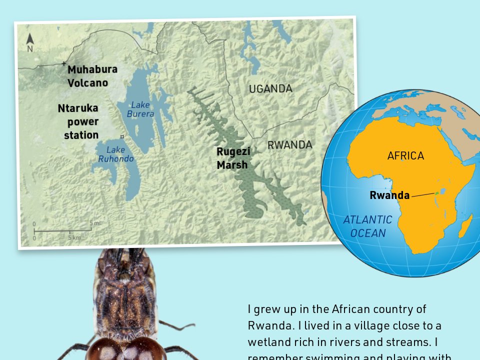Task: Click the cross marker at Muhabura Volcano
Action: point(63,63)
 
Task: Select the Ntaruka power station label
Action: point(78,121)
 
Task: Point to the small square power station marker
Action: point(122,136)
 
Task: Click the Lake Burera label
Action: point(140,109)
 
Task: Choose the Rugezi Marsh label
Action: point(233,158)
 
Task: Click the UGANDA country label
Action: point(270,89)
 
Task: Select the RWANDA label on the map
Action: point(289,145)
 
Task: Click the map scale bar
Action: point(62,230)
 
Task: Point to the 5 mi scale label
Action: point(94,223)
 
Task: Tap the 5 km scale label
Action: point(74,237)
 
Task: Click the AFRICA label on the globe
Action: point(405,156)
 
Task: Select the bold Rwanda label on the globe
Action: point(389,195)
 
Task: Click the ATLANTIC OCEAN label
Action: point(367,226)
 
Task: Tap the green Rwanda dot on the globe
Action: point(436,192)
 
